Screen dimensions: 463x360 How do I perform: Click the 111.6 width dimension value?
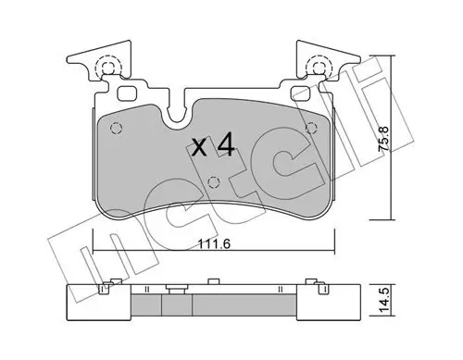(214, 244)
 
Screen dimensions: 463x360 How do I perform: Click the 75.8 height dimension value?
(384, 139)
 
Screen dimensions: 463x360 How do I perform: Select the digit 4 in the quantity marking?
(226, 144)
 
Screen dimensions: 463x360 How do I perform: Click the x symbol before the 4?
(199, 147)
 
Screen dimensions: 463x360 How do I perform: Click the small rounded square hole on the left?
(127, 93)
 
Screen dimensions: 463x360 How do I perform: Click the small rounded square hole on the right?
(301, 93)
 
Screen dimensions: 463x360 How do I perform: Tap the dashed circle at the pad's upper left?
(117, 128)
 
